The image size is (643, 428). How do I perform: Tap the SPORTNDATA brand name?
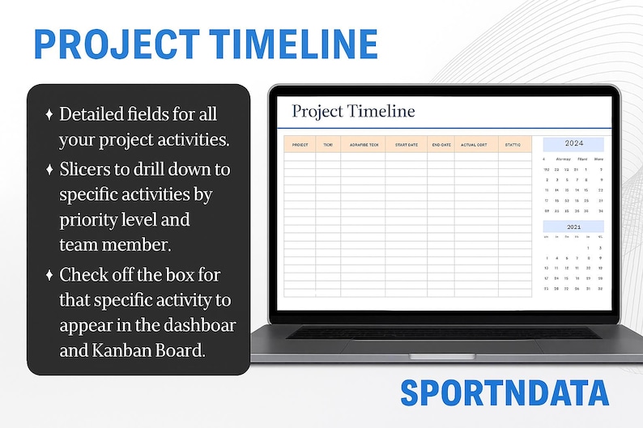tap(504, 392)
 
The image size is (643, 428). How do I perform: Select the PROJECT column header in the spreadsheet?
tap(300, 145)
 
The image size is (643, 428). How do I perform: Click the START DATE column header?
tap(406, 145)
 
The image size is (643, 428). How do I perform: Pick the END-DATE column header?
tap(441, 145)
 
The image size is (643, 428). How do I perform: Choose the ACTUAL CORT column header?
tap(475, 145)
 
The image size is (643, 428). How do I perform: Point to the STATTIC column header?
tap(513, 145)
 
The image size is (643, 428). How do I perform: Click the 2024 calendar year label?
tap(573, 143)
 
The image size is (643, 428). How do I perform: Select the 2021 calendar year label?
tap(573, 227)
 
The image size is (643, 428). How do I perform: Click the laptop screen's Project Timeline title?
tap(353, 111)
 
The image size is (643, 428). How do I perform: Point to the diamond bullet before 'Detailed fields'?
tap(49, 115)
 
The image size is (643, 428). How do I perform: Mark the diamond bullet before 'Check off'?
tap(49, 275)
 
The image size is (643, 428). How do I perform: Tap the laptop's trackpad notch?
tap(441, 356)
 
